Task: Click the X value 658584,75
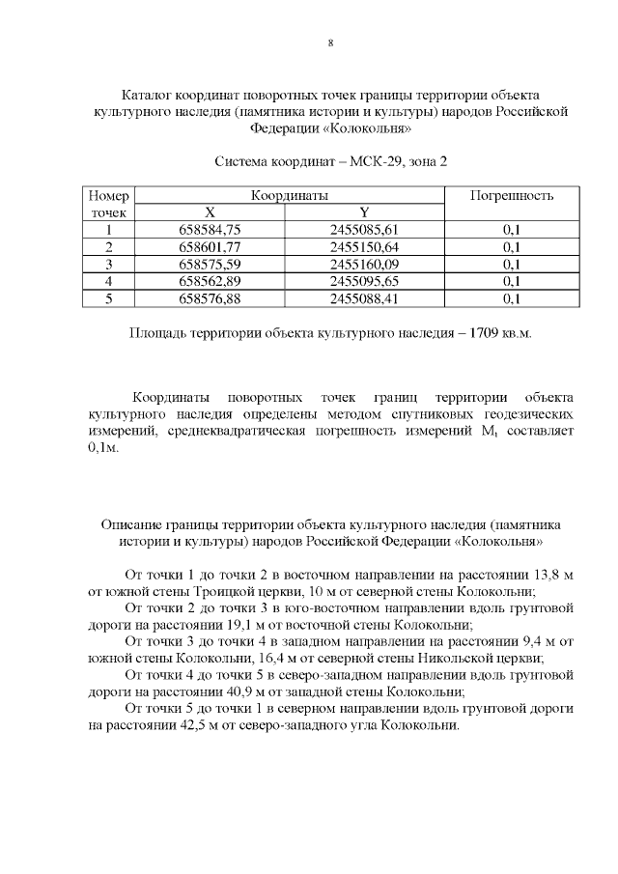point(210,229)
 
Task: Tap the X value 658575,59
point(210,264)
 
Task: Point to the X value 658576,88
point(210,298)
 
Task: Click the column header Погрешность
point(511,195)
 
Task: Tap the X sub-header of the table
point(210,212)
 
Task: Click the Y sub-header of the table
point(363,212)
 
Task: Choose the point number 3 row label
point(109,264)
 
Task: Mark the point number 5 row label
point(109,298)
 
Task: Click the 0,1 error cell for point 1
point(511,229)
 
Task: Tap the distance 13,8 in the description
point(541,574)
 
